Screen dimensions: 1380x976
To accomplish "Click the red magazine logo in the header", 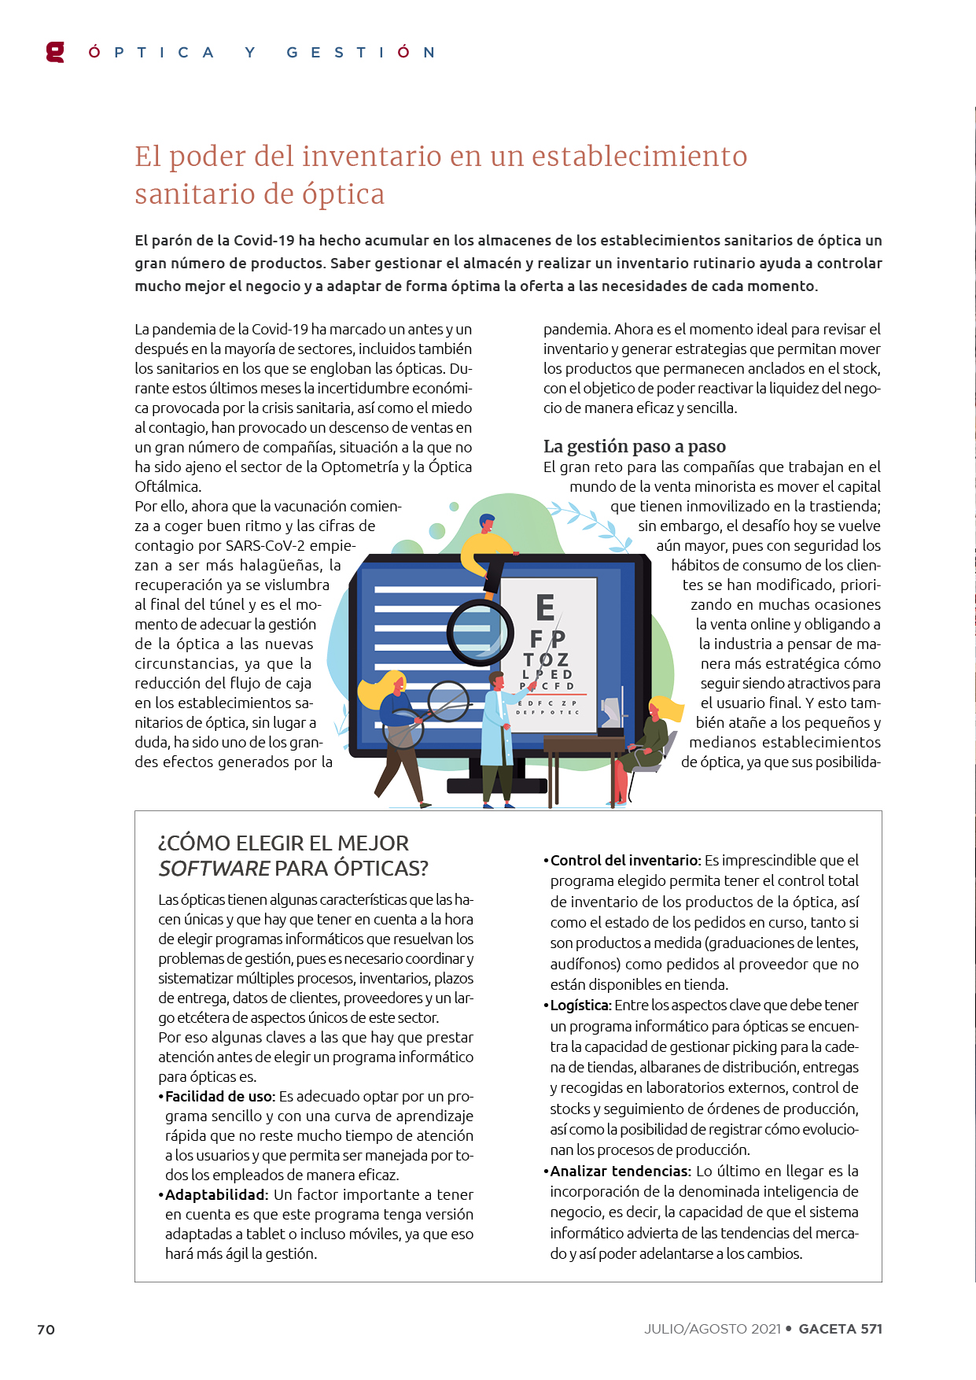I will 55,52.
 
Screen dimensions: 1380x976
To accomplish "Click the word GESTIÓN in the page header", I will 360,53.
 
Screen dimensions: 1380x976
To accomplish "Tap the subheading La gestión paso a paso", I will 634,446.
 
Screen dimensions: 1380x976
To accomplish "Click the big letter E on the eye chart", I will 545,607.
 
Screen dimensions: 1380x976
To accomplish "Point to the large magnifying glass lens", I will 481,632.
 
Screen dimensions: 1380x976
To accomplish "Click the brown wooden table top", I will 584,743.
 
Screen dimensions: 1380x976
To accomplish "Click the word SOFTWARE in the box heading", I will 214,869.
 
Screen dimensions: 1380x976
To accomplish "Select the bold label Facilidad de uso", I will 219,1096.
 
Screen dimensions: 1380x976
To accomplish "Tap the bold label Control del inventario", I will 624,860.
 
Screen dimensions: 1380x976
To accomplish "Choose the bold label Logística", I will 580,1005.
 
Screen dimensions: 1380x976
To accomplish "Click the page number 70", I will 46,1329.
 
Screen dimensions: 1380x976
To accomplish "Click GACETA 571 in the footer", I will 840,1328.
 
